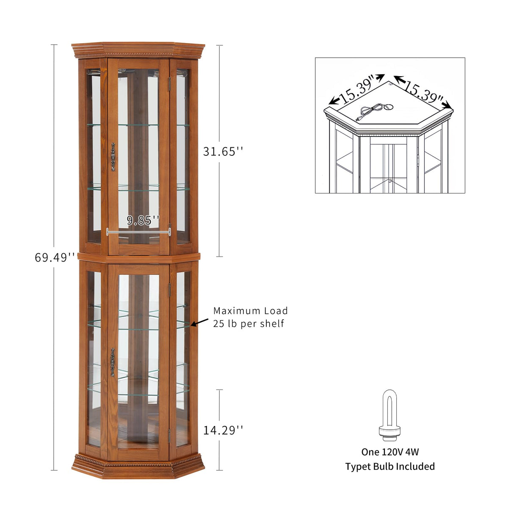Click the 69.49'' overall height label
pyautogui.click(x=55, y=257)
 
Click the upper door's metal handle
pyautogui.click(x=113, y=157)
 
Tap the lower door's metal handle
pyautogui.click(x=113, y=362)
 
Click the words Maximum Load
pyautogui.click(x=250, y=311)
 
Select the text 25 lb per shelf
pyautogui.click(x=249, y=324)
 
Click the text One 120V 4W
pyautogui.click(x=390, y=452)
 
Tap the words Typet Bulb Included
pyautogui.click(x=390, y=467)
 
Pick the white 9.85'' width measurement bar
pyautogui.click(x=138, y=231)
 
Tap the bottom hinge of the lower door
pyautogui.click(x=170, y=434)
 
